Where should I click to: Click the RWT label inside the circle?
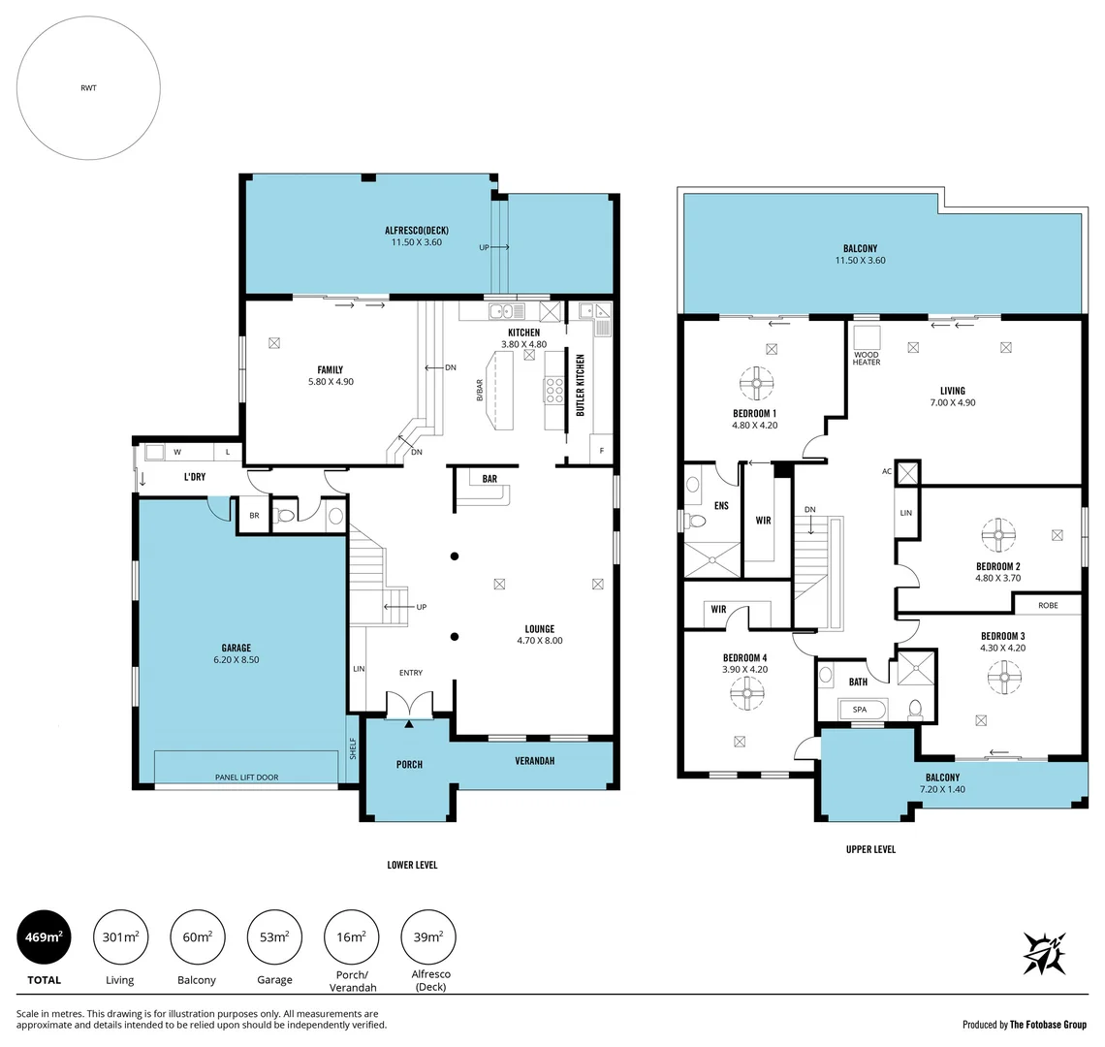[88, 88]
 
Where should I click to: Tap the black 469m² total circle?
[44, 937]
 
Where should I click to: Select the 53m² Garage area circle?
[274, 937]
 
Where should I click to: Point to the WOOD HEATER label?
[867, 358]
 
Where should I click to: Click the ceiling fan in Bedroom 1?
[754, 382]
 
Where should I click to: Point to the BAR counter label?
[489, 478]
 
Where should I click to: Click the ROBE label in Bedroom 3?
[1047, 605]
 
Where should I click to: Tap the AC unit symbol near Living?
[907, 473]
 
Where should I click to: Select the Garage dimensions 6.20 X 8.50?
[236, 660]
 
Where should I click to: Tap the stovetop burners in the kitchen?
[555, 389]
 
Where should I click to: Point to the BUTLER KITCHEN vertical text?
[580, 385]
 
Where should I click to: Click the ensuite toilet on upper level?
[695, 521]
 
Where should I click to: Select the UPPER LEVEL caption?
[870, 849]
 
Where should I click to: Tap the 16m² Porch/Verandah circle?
[351, 937]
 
